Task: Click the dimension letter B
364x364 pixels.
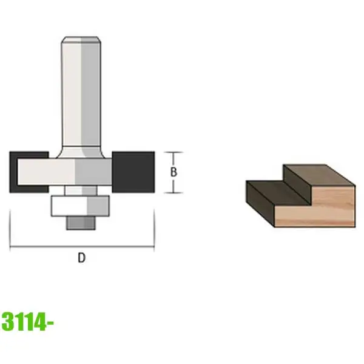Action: (174, 172)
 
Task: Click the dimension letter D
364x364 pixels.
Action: (81, 258)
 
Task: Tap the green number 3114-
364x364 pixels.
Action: (28, 322)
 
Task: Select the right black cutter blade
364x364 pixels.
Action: (133, 172)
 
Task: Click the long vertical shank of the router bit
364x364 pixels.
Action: (81, 93)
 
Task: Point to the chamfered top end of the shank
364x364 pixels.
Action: (81, 40)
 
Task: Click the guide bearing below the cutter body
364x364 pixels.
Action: (80, 206)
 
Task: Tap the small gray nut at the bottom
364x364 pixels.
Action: (81, 223)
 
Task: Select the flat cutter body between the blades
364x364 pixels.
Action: (64, 172)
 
